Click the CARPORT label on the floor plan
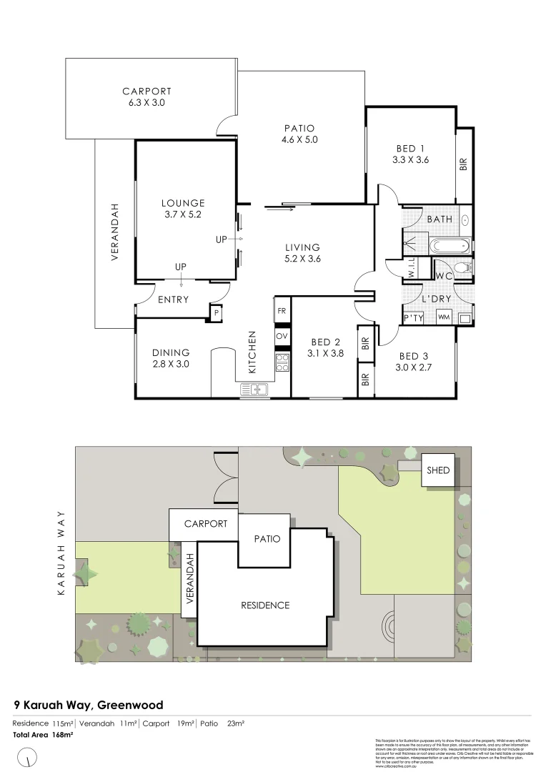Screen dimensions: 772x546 click(147, 91)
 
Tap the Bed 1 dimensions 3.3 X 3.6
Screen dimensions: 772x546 click(410, 160)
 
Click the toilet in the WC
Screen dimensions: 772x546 click(463, 269)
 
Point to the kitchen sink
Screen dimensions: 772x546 click(254, 389)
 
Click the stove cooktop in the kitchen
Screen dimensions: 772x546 click(282, 362)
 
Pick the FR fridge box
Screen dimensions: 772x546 click(282, 311)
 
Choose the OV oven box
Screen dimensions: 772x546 click(282, 335)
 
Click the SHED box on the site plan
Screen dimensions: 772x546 click(438, 470)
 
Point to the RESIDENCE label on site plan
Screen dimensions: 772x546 click(264, 605)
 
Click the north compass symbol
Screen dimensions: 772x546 click(28, 755)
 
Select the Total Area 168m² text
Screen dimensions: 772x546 click(44, 734)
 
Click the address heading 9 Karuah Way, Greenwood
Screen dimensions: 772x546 click(89, 705)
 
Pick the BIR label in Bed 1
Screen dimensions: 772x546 click(463, 164)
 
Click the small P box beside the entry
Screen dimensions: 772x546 click(215, 312)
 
